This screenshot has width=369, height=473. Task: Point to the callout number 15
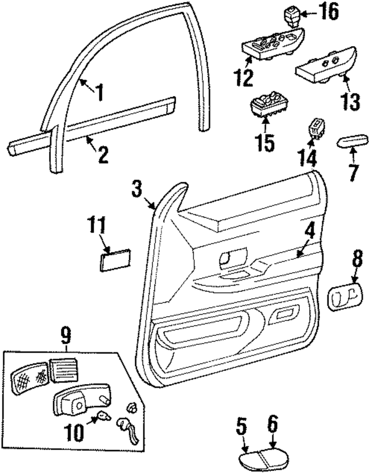[x=266, y=142]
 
